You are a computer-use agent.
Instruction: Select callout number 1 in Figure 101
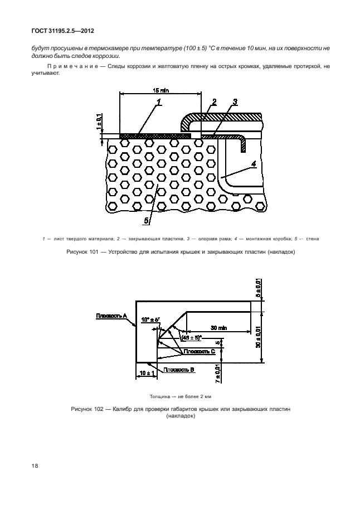pos(159,102)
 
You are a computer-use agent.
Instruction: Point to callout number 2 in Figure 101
pos(213,101)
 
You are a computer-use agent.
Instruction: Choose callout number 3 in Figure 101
pos(235,101)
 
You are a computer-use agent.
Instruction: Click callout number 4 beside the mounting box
pos(254,164)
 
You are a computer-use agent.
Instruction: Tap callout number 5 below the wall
pos(147,221)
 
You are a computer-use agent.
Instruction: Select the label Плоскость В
pos(176,369)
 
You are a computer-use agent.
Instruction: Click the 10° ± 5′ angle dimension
pos(150,319)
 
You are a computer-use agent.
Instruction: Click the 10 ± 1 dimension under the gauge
pos(146,372)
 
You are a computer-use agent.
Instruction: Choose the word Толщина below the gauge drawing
pos(161,396)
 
